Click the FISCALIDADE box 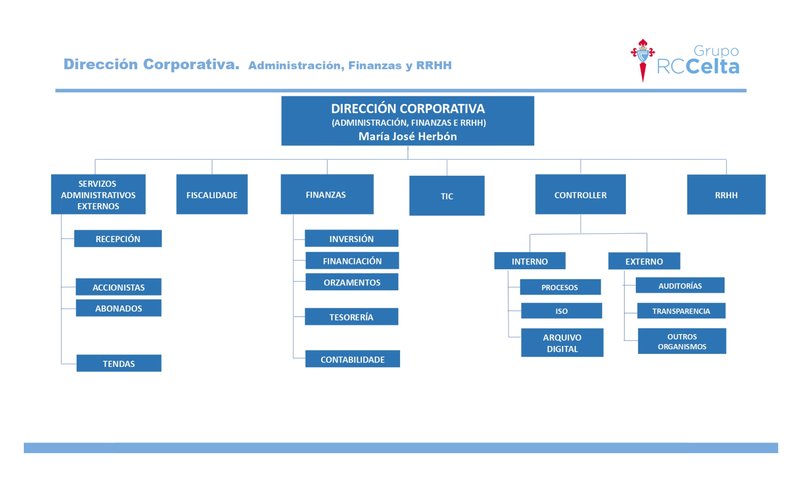[x=212, y=194]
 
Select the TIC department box [x=447, y=196]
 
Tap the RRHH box [x=726, y=194]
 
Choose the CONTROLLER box [x=581, y=194]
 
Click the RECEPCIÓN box [x=118, y=239]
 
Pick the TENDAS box [x=119, y=364]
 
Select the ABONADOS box [x=119, y=308]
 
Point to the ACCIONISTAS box [x=119, y=287]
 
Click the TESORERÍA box [x=351, y=317]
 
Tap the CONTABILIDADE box [x=353, y=359]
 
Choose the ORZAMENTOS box [x=352, y=282]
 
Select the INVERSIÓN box [x=351, y=238]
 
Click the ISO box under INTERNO [x=561, y=311]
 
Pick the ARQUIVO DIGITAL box [x=562, y=343]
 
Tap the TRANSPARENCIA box [x=681, y=311]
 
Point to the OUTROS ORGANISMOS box [x=682, y=341]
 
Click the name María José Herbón [x=408, y=137]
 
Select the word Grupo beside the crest [x=716, y=51]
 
